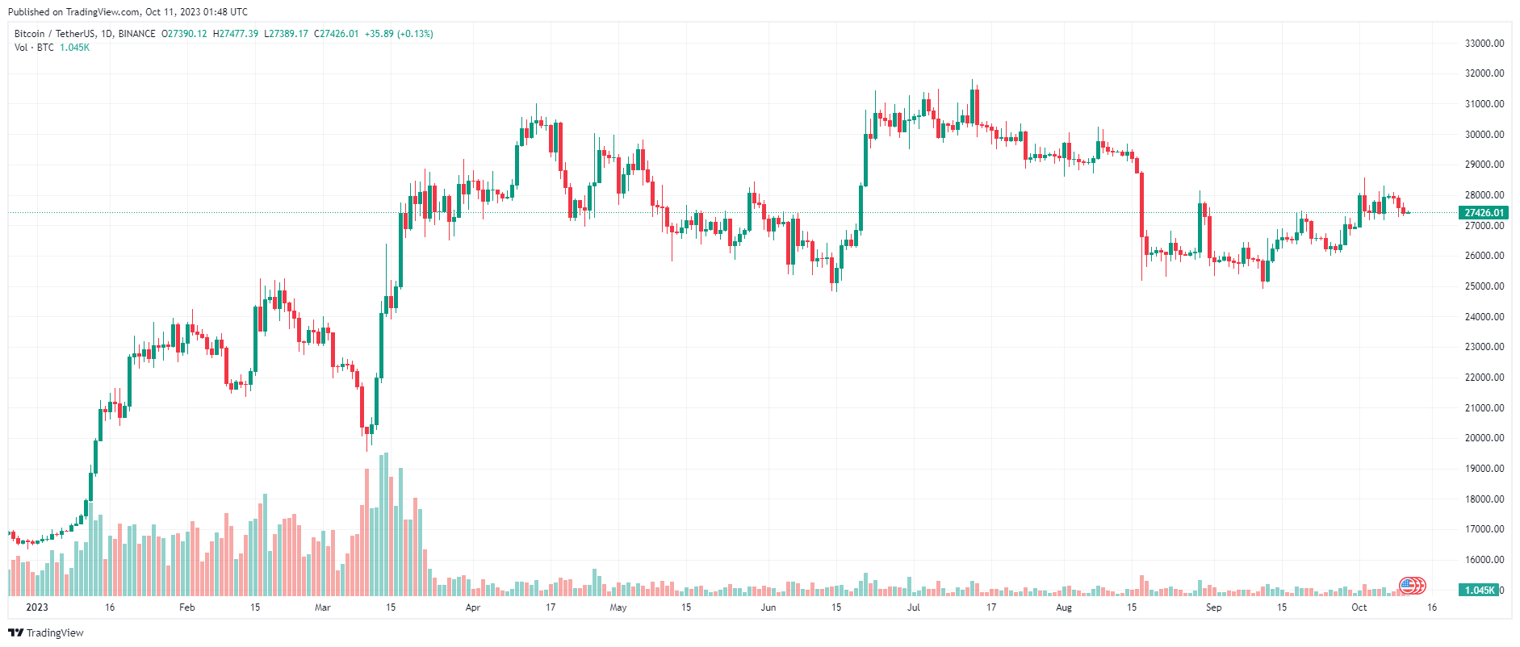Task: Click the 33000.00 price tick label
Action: [1484, 44]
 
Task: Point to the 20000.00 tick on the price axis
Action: [1484, 438]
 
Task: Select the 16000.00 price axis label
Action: [1484, 560]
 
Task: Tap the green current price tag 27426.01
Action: [1484, 213]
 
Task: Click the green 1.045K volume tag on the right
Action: [1479, 591]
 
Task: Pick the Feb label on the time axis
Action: [186, 607]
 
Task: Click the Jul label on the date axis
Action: [913, 607]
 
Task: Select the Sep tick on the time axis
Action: [1213, 607]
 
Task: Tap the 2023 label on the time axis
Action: [37, 607]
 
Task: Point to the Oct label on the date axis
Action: [1359, 607]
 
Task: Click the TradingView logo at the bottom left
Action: [46, 633]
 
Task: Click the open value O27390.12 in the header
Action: [184, 34]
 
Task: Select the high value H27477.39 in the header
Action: [236, 34]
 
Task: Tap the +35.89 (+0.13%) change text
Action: [399, 34]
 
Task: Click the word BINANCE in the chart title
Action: [136, 34]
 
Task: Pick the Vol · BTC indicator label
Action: [34, 48]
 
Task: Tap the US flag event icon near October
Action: [1408, 586]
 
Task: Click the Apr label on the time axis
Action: [473, 607]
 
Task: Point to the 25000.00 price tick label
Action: [1484, 286]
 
